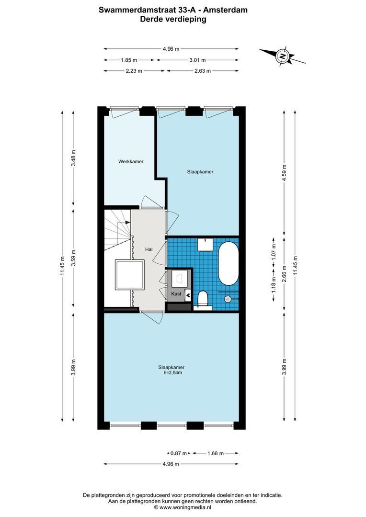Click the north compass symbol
click(x=283, y=56)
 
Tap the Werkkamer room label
click(x=131, y=162)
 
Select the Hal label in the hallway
click(x=149, y=249)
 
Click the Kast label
click(x=176, y=294)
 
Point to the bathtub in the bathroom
click(x=228, y=264)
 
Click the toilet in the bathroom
click(x=203, y=299)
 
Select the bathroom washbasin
click(x=206, y=244)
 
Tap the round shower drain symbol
click(x=229, y=299)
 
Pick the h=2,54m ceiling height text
click(x=171, y=373)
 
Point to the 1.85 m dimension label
click(x=128, y=60)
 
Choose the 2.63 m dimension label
click(x=202, y=71)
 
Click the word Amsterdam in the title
click(x=226, y=9)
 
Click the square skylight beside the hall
click(x=130, y=275)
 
